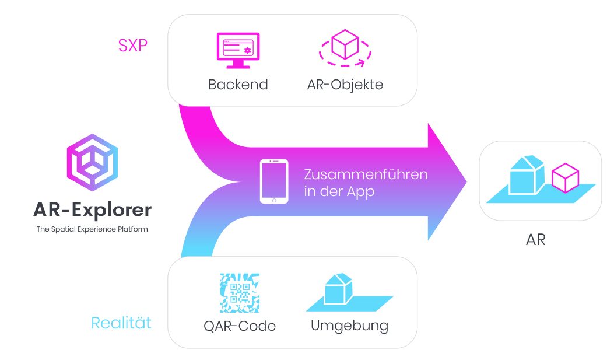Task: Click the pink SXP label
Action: pyautogui.click(x=133, y=46)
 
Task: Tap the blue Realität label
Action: pyautogui.click(x=121, y=323)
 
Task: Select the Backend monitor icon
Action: pyautogui.click(x=238, y=47)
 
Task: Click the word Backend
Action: pyautogui.click(x=238, y=85)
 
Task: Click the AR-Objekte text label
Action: pyautogui.click(x=345, y=85)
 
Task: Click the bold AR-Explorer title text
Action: pyautogui.click(x=92, y=209)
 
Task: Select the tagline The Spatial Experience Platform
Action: pyautogui.click(x=92, y=229)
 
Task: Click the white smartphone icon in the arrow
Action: pyautogui.click(x=274, y=182)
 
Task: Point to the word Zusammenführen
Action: pyautogui.click(x=366, y=174)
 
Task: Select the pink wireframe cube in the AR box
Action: pyautogui.click(x=564, y=178)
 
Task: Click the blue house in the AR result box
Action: pyautogui.click(x=526, y=175)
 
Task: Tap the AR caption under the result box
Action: pyautogui.click(x=535, y=239)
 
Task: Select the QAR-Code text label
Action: pyautogui.click(x=240, y=326)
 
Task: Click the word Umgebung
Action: pyautogui.click(x=349, y=326)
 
